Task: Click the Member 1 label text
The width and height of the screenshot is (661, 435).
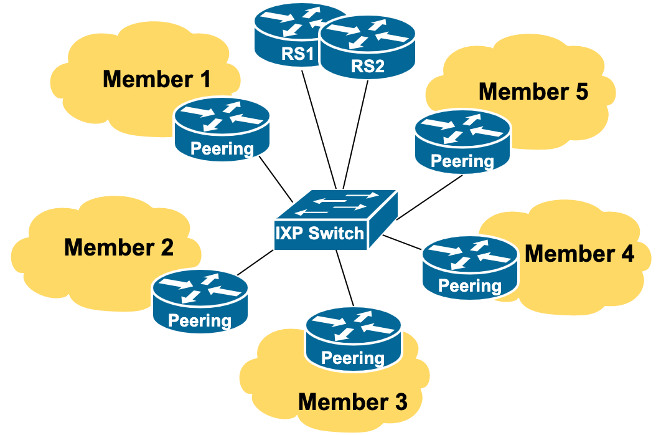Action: (156, 79)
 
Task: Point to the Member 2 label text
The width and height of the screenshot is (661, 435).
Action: (118, 247)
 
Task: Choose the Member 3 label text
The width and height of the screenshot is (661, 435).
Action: (353, 402)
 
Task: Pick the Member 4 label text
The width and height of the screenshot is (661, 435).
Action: (579, 254)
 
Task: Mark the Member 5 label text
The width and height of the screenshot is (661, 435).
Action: (533, 92)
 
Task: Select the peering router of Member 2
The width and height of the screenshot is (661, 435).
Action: (200, 300)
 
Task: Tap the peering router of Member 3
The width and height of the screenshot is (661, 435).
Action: (353, 337)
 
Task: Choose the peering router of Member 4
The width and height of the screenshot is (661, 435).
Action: (470, 266)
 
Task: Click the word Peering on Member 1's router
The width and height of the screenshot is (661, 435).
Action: (222, 149)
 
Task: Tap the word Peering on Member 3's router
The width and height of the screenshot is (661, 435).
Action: (353, 358)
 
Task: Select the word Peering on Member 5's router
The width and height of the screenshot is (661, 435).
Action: (462, 161)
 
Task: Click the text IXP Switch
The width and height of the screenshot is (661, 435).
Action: (319, 234)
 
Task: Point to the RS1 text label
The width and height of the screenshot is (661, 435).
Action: (297, 54)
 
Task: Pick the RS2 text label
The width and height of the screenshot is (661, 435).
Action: (368, 67)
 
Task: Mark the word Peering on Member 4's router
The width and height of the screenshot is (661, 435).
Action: (470, 286)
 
